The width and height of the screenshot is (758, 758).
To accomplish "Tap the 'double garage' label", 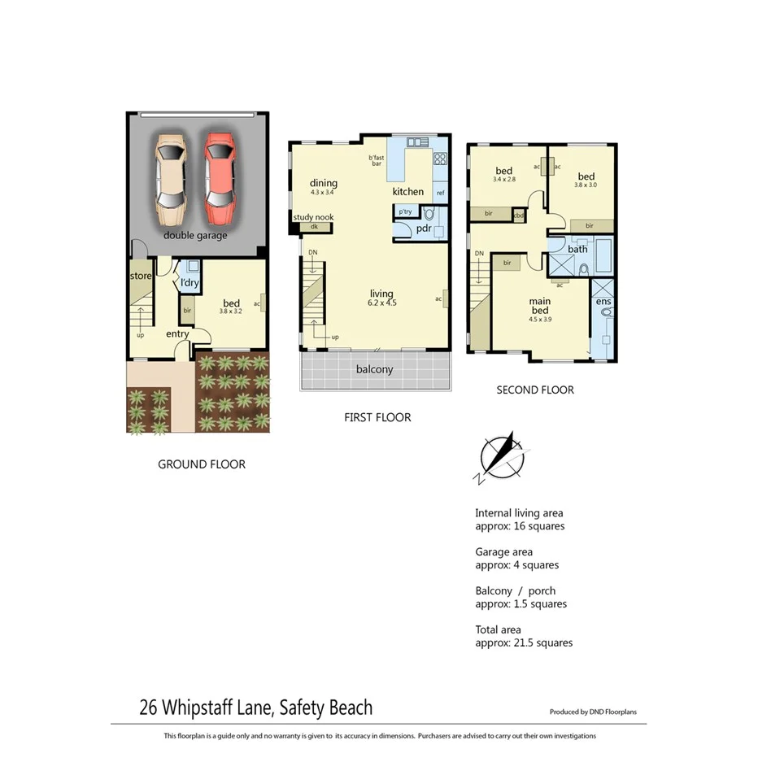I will [x=195, y=235].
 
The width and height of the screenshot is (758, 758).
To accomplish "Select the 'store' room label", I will [x=141, y=277].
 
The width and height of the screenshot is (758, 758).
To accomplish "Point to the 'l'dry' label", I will [x=189, y=283].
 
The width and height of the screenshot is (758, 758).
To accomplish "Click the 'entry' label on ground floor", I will [x=177, y=333].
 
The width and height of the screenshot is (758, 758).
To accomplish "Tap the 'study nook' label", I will [x=313, y=217].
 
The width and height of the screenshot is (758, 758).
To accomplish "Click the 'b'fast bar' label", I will [x=376, y=161].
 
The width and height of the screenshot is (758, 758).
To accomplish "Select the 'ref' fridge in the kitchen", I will [x=440, y=193].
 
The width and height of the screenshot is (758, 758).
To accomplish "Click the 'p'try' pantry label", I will [x=404, y=211].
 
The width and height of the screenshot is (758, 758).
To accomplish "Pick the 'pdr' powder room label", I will [x=423, y=229].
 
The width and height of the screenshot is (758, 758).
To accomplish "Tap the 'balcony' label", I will [x=374, y=369].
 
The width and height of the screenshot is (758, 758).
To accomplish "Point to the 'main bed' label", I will [x=540, y=305].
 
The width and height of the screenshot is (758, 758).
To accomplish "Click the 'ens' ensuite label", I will [x=603, y=302].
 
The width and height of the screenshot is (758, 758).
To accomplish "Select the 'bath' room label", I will [x=577, y=249].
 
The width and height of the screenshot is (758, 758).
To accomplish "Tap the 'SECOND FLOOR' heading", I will [x=534, y=390].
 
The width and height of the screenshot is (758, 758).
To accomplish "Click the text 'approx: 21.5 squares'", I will [x=523, y=643].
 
